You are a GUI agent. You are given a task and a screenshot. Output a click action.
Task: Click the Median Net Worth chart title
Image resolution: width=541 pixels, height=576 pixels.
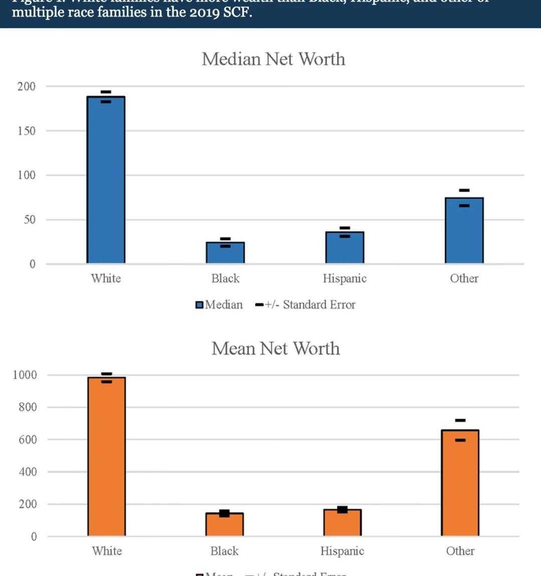click(x=274, y=59)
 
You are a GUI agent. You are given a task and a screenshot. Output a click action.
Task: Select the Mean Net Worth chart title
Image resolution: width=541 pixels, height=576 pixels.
click(x=276, y=349)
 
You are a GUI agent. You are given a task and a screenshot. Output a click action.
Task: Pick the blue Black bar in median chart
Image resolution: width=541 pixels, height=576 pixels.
click(x=225, y=253)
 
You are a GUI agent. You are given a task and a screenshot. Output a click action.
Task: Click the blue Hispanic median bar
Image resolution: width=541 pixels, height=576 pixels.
click(x=345, y=247)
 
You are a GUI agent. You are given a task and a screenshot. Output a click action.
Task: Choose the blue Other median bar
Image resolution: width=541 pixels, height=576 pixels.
click(x=464, y=230)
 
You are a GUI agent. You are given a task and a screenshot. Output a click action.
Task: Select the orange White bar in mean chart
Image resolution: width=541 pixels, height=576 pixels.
click(x=107, y=456)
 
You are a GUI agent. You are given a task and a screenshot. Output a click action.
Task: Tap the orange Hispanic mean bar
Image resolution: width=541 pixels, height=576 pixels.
click(x=342, y=523)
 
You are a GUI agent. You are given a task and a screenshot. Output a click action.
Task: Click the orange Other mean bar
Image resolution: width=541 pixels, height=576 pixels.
click(x=460, y=483)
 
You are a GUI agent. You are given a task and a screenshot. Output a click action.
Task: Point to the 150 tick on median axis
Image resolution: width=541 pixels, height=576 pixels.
click(x=27, y=131)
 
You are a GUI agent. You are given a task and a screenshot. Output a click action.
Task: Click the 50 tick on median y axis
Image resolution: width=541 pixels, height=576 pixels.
click(x=30, y=219)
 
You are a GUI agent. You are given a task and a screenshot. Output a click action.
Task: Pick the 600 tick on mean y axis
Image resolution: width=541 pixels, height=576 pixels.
click(x=28, y=440)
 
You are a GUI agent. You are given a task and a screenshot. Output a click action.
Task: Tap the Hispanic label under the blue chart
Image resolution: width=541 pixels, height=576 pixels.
click(x=345, y=278)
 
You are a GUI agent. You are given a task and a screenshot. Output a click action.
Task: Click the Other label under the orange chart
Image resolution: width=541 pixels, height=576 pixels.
click(x=460, y=551)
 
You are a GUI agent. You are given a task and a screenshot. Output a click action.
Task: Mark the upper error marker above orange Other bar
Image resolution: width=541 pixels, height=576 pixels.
click(x=460, y=420)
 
